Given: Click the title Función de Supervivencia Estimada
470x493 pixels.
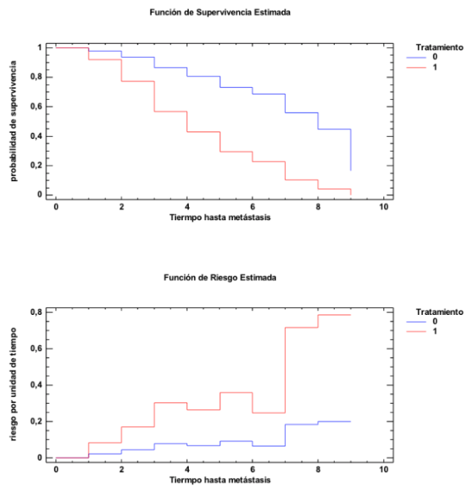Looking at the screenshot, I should (x=220, y=13).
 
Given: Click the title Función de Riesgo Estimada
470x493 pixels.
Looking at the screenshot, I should (x=220, y=277).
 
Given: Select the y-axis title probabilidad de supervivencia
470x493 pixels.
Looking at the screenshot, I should (x=14, y=120).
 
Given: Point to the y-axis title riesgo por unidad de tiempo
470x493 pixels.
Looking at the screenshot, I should (x=14, y=384).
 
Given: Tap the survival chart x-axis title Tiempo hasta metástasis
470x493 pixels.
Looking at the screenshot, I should (x=220, y=218).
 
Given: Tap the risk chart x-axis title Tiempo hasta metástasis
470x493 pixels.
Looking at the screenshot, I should (x=220, y=479).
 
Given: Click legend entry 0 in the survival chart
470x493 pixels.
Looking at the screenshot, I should (x=434, y=57).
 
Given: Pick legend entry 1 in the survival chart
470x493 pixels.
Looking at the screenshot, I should (x=434, y=68).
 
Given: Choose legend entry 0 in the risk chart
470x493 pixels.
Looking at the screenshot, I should (x=434, y=321).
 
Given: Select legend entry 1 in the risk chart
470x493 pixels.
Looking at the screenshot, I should (x=434, y=331).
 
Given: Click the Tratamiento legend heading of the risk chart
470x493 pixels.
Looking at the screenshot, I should (x=440, y=311).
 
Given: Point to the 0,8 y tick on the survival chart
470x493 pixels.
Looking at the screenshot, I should (x=36, y=77).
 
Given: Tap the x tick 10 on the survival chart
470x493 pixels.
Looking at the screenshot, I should (x=384, y=207).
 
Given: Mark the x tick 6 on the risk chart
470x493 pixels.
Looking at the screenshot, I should (x=253, y=469).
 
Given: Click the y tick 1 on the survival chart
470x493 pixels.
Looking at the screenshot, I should (x=40, y=47).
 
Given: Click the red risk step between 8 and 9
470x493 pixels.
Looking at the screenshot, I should (x=335, y=315).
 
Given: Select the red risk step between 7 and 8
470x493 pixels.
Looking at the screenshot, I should (x=302, y=327).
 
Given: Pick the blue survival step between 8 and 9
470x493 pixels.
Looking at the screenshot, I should (x=335, y=129).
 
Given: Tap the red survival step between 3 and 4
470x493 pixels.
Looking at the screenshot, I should (x=171, y=111).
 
